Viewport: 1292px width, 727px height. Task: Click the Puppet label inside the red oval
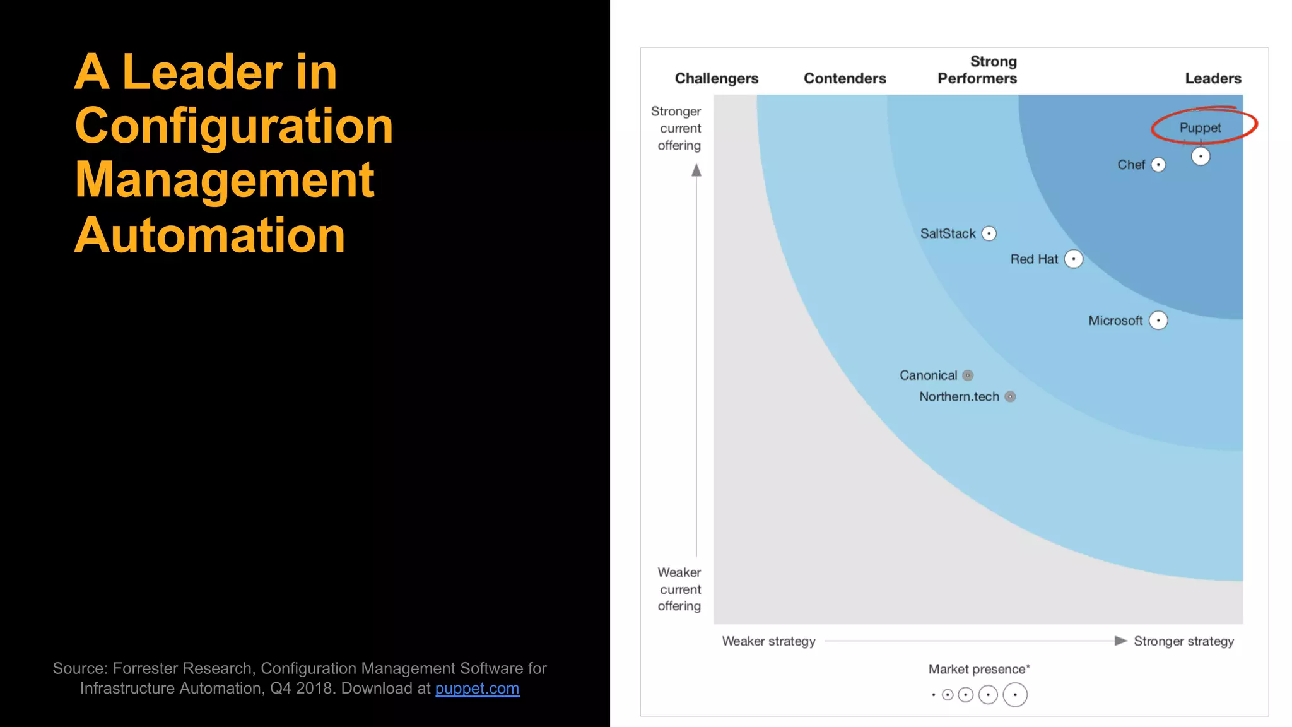coord(1200,127)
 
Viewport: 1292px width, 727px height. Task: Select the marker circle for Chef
coord(1158,165)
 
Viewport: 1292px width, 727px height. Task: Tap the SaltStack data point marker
coord(989,233)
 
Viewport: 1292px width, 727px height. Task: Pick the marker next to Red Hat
coord(1073,259)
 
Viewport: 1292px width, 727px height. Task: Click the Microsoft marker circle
coord(1158,321)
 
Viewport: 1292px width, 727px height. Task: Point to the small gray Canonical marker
coord(968,375)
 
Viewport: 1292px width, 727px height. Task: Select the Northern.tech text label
coord(959,396)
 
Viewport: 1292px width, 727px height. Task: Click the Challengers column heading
coord(716,78)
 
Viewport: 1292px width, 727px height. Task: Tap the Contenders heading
coord(844,78)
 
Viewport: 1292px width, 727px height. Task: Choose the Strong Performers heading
coord(977,70)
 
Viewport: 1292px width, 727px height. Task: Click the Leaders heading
coord(1213,78)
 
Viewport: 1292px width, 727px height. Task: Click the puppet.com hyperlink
coord(477,688)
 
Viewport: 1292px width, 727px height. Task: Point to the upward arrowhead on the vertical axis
coord(696,170)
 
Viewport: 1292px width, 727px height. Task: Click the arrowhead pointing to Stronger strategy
coord(1120,641)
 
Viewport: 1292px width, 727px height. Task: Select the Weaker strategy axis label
coord(768,641)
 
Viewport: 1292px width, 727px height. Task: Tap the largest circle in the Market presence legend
coord(1014,695)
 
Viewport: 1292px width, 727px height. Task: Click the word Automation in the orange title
coord(209,235)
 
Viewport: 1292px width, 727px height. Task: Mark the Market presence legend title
coord(978,669)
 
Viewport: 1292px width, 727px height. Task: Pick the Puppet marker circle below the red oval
coord(1200,156)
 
